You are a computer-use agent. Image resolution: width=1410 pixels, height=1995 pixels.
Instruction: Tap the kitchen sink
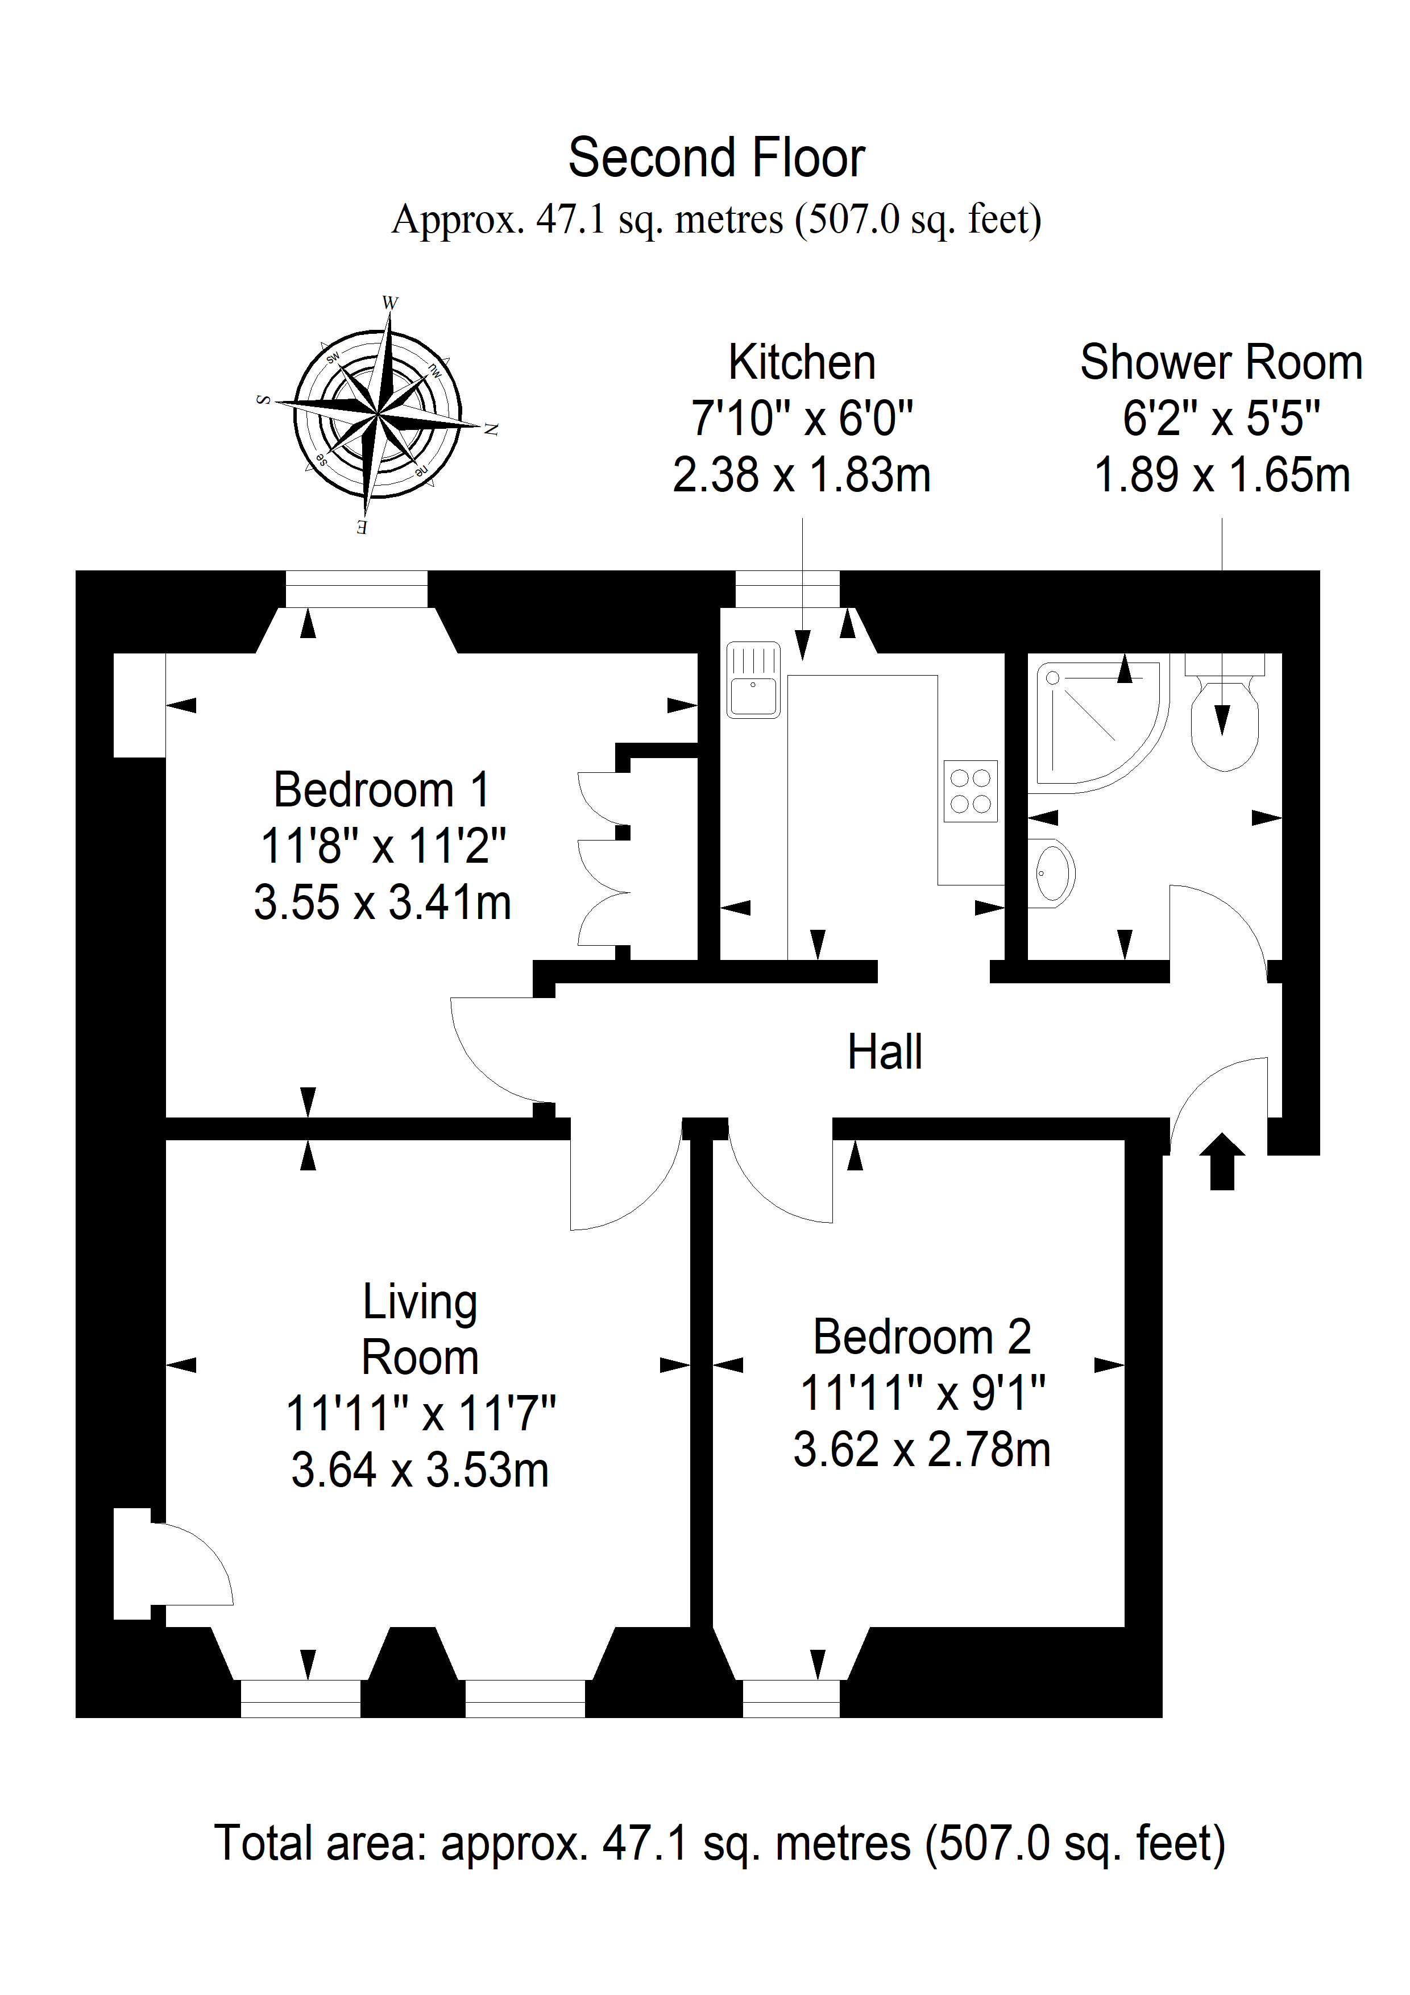coord(753,680)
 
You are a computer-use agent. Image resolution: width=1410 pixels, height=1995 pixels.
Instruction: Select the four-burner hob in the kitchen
coord(971,790)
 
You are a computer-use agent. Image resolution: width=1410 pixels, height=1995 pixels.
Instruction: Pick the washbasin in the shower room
coord(1051,872)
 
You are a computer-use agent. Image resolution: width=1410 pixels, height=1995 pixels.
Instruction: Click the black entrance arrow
coord(1221,1161)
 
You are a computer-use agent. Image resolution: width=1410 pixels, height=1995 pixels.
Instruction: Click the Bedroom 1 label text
coord(381,790)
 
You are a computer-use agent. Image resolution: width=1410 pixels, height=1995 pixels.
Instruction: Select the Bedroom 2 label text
coord(922,1336)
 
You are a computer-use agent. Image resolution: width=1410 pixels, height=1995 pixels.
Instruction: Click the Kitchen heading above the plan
coord(802,362)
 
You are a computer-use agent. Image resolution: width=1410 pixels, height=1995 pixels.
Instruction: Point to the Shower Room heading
coord(1221,362)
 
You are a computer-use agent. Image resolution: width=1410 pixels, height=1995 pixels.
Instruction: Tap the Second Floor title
coord(717,158)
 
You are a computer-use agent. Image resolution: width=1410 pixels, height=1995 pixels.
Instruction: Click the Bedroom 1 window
coord(356,589)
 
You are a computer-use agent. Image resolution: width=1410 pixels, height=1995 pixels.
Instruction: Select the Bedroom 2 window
coord(791,1699)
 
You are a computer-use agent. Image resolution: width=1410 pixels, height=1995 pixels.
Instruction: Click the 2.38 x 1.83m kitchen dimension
coord(802,475)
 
